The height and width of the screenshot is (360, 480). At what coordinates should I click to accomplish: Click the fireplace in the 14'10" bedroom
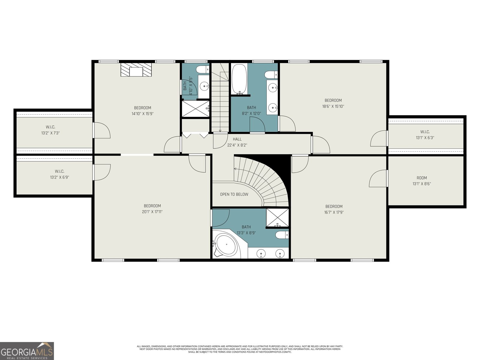[136, 70]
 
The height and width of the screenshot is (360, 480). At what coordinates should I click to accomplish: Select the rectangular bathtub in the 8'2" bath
[239, 79]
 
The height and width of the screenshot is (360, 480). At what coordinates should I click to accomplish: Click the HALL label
[237, 139]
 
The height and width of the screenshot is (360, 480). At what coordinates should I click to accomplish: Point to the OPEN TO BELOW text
[234, 194]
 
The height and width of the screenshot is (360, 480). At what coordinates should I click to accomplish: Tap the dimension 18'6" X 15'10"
[333, 106]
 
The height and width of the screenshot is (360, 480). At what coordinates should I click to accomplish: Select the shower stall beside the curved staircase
[277, 217]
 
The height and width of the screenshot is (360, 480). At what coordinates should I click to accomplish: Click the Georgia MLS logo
[27, 351]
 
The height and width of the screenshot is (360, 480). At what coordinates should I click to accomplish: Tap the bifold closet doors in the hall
[195, 135]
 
